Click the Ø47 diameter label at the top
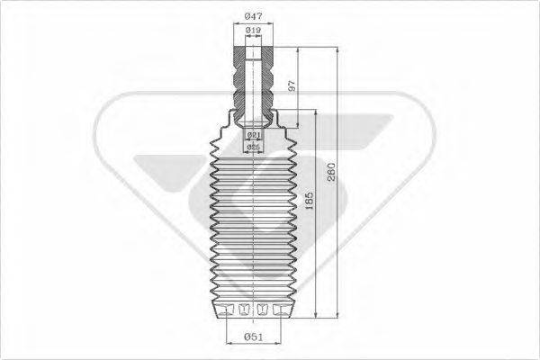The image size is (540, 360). pyautogui.click(x=254, y=16)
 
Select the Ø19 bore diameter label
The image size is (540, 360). pyautogui.click(x=253, y=32)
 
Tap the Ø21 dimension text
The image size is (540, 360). pyautogui.click(x=253, y=134)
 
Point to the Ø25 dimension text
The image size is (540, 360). pyautogui.click(x=253, y=146)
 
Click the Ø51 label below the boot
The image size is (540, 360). pyautogui.click(x=253, y=337)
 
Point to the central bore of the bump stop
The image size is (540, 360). pyautogui.click(x=253, y=81)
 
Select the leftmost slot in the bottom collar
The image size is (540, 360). pyautogui.click(x=226, y=310)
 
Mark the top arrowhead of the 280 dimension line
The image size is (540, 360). pyautogui.click(x=337, y=44)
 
